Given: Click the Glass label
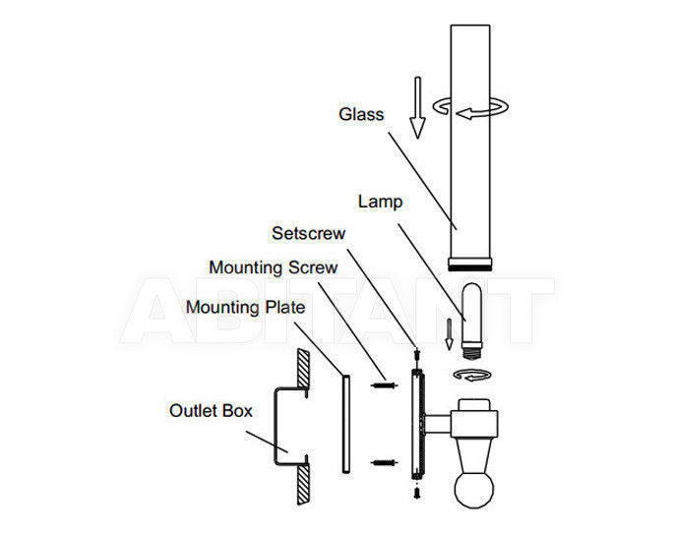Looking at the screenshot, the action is [x=361, y=114].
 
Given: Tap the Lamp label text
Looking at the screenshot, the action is [x=380, y=202].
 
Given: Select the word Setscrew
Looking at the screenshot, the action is [x=308, y=233].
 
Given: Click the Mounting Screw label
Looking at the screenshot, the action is [x=273, y=267].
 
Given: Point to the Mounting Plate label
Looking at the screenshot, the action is [x=245, y=308].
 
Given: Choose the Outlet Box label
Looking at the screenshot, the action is [x=211, y=411].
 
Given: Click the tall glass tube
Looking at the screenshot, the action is [x=470, y=142].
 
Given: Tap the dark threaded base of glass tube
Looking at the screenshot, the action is [x=469, y=268].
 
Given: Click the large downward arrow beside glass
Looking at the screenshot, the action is [x=417, y=107].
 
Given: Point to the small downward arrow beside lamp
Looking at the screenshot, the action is [x=449, y=333].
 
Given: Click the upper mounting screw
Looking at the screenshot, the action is [x=384, y=385].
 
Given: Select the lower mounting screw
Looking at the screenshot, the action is [x=384, y=463].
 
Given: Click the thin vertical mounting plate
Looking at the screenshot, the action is [x=346, y=424].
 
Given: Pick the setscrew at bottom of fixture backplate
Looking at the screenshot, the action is [x=417, y=492].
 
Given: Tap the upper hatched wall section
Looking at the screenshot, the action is [x=303, y=368].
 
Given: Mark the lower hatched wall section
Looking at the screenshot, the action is [x=303, y=485].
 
